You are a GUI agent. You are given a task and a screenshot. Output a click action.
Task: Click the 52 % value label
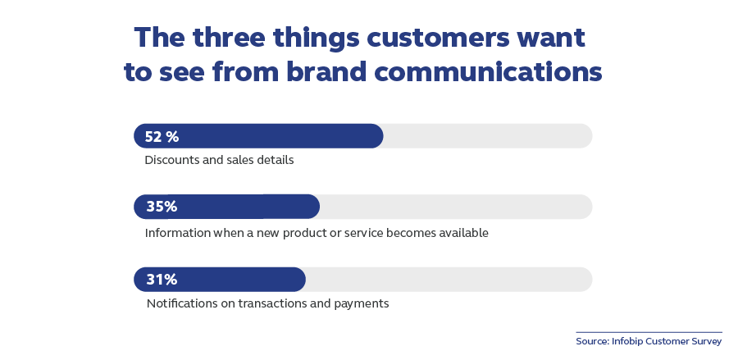162,137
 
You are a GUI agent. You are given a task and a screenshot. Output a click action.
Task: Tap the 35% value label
162,207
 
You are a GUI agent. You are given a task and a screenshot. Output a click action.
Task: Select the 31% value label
162,280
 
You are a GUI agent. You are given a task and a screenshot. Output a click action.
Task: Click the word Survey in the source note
707,342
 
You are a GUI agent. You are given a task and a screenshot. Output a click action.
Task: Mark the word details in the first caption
277,160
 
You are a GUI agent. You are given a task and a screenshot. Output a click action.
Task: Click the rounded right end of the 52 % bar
382,136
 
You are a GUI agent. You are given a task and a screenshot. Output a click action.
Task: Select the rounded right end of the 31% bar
304,280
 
